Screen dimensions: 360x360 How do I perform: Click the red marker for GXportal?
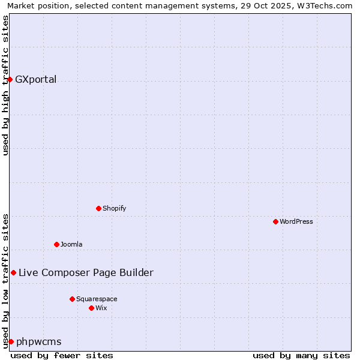coord(10,79)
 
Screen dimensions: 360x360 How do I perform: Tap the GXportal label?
coord(35,80)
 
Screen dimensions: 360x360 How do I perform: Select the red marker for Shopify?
coord(98,208)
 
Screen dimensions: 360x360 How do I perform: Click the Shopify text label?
coord(114,209)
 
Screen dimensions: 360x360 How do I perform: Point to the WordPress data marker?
coord(275,221)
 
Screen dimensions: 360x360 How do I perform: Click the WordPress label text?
coord(296,222)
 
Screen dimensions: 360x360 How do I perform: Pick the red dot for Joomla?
coord(56,244)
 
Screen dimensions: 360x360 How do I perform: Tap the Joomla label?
coord(71,245)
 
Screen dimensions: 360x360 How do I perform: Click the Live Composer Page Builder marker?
coord(13,272)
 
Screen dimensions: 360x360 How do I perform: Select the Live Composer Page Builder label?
coord(86,273)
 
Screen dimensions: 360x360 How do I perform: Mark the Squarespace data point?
coord(72,299)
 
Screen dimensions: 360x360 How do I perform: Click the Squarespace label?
coord(97,299)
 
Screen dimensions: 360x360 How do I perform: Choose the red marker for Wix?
coord(91,308)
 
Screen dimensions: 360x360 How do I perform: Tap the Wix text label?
coord(101,308)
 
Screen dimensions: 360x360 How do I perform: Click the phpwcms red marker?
coord(11,341)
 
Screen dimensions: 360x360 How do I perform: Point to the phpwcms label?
coord(38,342)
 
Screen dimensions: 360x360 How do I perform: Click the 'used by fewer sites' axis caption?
coord(62,355)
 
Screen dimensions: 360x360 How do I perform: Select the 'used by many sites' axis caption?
coord(301,355)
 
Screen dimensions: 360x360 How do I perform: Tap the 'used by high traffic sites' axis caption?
coord(6,85)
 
